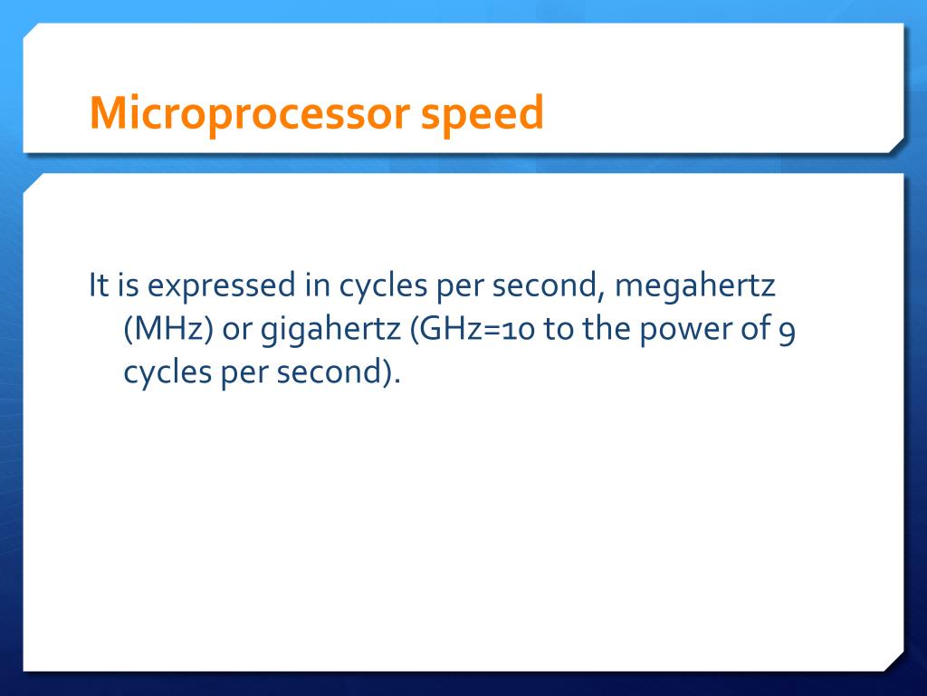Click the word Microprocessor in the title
246,113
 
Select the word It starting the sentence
97,286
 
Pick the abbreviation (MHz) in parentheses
168,330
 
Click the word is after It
126,286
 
